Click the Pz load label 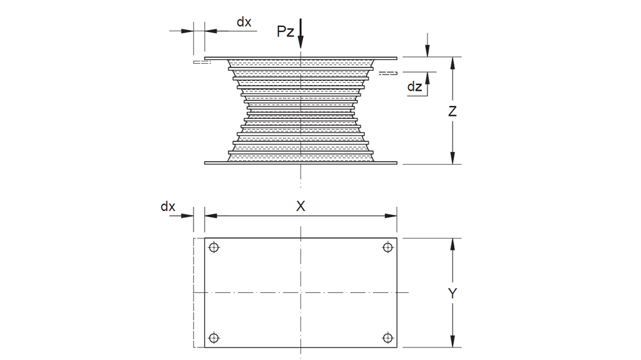[285, 32]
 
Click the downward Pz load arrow [300, 34]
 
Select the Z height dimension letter [452, 111]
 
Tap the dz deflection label [414, 86]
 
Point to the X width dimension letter [300, 206]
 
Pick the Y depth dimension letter [452, 293]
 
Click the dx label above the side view [244, 22]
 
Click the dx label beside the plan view [168, 207]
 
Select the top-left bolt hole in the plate [214, 247]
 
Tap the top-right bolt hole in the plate [387, 247]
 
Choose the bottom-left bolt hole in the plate [214, 338]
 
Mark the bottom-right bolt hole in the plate [387, 338]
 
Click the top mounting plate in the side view [300, 58]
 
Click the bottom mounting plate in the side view [300, 163]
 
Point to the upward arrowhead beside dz [428, 78]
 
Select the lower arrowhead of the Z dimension [452, 158]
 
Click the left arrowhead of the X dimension [211, 216]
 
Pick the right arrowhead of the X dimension [391, 216]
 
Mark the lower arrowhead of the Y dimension [452, 341]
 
